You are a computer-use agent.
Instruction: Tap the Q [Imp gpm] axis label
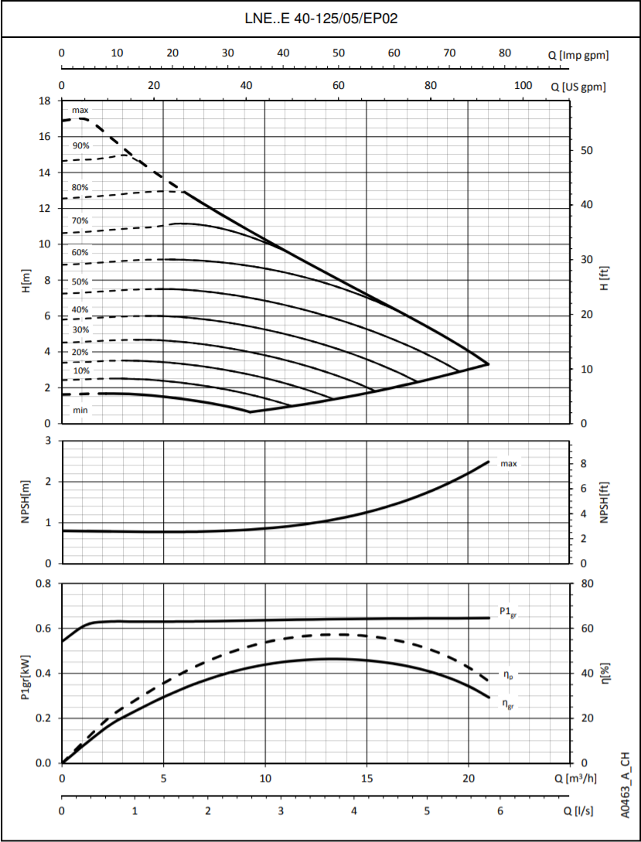(578, 54)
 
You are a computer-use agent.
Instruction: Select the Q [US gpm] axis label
(578, 86)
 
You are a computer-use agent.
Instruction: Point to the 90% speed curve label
(80, 145)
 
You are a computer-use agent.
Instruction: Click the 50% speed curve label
(80, 282)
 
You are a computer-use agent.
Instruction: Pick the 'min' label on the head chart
(80, 410)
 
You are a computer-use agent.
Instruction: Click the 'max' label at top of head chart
(80, 111)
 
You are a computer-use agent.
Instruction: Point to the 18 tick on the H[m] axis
(45, 101)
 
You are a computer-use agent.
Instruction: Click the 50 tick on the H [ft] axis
(587, 150)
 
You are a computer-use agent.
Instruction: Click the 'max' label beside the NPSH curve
(509, 464)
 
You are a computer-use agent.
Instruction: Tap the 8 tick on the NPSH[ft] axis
(584, 464)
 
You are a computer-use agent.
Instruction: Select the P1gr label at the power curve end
(509, 612)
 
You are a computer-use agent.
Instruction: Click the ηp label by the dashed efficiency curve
(509, 675)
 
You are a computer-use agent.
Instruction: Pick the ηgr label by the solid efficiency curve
(509, 704)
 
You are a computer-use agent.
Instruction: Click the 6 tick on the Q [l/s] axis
(500, 811)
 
